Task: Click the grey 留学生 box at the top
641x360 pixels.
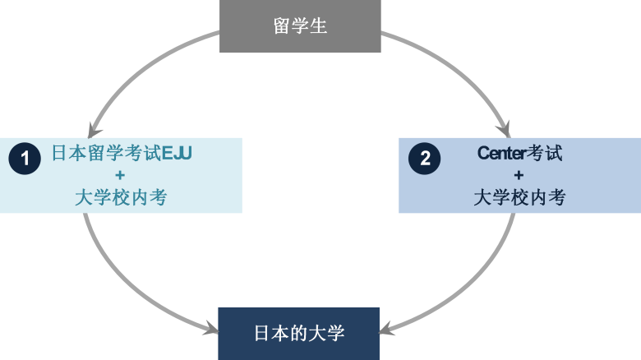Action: coord(300,25)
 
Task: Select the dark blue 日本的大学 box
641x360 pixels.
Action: coord(298,333)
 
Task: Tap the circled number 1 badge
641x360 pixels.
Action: coord(25,158)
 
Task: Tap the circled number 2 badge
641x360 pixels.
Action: coord(425,158)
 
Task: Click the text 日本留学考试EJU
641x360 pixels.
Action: coord(122,153)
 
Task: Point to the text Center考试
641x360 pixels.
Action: coord(519,153)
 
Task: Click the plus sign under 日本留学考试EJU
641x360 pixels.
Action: coord(121,175)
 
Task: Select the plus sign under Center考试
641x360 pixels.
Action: coord(519,175)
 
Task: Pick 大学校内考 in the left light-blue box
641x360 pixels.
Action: coord(121,197)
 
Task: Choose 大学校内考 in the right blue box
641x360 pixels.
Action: coord(519,197)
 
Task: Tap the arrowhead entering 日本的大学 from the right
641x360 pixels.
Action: coord(389,328)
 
